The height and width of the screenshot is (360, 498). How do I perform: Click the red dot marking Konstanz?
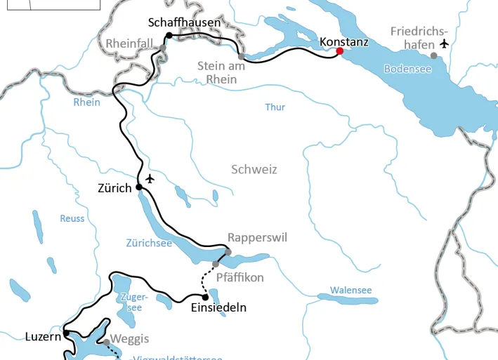[340, 51]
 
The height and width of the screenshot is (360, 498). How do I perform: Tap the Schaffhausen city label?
[184, 22]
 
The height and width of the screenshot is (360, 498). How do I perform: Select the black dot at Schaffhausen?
[169, 36]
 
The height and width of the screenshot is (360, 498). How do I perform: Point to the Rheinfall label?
[129, 44]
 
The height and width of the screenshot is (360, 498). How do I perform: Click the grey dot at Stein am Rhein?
[241, 56]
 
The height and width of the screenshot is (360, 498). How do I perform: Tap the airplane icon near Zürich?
[150, 178]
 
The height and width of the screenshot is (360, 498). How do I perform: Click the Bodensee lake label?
[407, 69]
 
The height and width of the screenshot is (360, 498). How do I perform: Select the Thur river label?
[275, 107]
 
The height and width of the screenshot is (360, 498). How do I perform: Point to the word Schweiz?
[254, 169]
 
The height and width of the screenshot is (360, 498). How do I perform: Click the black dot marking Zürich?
[139, 187]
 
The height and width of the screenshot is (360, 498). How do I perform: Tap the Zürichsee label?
[149, 244]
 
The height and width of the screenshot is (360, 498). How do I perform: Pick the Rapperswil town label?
[257, 237]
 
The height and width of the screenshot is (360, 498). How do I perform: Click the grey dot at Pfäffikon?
[216, 264]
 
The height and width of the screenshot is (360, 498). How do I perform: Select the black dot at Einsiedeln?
[204, 298]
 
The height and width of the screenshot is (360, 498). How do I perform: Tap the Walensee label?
[350, 290]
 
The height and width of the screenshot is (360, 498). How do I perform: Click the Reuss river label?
[72, 218]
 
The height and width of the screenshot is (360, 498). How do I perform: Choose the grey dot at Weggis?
[106, 343]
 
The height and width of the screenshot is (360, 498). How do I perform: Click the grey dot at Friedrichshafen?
[433, 55]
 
